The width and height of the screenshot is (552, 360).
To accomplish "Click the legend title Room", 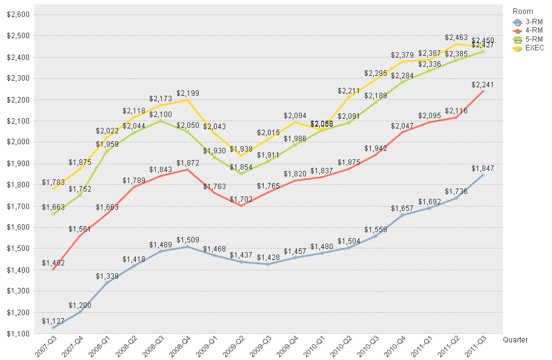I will [522, 11].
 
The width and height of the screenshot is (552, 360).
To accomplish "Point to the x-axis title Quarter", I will [515, 340].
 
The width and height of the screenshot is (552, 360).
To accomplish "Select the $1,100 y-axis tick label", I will [17, 334].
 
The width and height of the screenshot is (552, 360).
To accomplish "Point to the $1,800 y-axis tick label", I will [17, 185].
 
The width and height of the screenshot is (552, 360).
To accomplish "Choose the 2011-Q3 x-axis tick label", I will [475, 348].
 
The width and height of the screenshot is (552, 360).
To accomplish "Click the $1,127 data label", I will [53, 321].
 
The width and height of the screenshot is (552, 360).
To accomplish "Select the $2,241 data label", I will [482, 85].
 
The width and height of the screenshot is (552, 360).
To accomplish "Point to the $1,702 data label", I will [241, 199].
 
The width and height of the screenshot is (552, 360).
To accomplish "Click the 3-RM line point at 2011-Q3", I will [482, 175].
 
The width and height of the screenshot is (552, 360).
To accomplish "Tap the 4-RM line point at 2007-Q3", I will [53, 269].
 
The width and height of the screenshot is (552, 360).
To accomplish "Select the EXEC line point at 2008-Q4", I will [187, 100].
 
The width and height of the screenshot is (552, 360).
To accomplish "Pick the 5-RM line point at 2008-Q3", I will [161, 121].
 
